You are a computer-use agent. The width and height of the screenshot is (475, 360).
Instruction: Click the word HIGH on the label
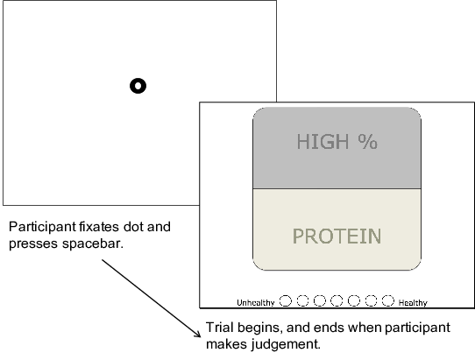[323, 141]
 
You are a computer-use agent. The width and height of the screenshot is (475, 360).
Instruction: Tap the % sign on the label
[368, 141]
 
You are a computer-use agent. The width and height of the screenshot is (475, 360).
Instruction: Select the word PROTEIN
[337, 236]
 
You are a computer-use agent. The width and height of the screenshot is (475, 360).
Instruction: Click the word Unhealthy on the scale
[256, 303]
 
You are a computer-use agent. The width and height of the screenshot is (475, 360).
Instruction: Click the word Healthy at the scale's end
[413, 303]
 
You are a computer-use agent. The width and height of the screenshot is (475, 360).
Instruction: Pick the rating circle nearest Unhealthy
[286, 301]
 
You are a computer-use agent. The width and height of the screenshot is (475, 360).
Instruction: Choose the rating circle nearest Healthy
[388, 301]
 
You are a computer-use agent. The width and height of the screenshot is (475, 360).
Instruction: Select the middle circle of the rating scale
[337, 301]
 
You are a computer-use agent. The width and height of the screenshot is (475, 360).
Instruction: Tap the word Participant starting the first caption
[42, 227]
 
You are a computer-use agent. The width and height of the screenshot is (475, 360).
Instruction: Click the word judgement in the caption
[286, 344]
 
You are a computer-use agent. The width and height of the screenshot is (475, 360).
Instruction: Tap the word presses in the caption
[33, 244]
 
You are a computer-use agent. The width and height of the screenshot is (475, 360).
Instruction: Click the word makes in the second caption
[226, 344]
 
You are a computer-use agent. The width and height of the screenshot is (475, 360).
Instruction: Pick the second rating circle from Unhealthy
[302, 301]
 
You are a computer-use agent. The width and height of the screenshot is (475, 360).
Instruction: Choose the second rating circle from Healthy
[371, 301]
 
